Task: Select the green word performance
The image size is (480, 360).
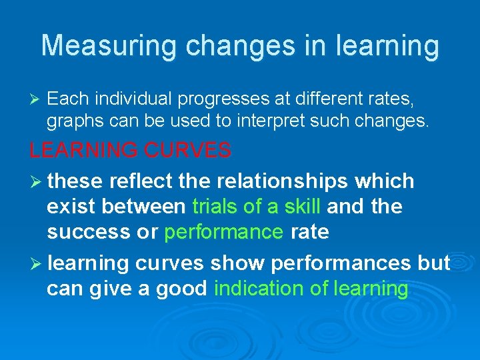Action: click(x=223, y=232)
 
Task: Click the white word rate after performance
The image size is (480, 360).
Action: click(x=309, y=232)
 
